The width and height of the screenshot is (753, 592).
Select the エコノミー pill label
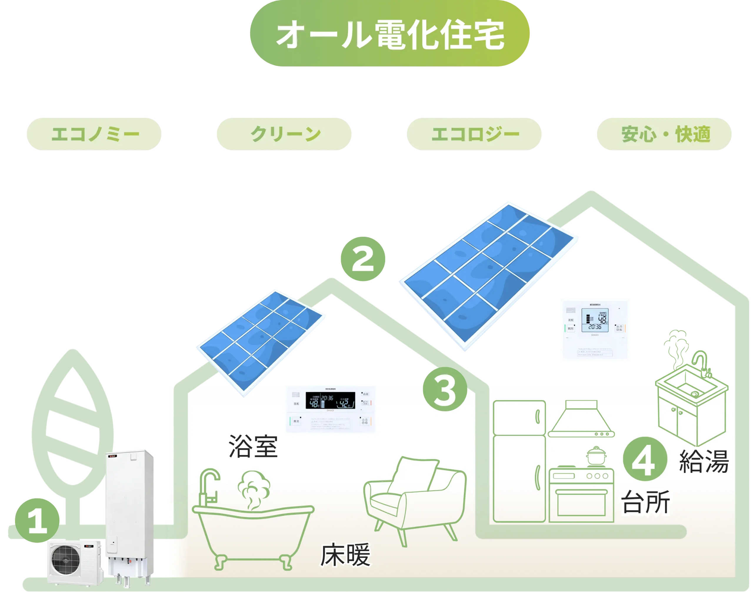coord(94,134)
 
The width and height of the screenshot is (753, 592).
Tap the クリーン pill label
coord(284,134)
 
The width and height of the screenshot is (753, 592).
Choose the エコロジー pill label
coord(474,134)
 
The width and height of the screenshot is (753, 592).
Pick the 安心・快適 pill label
coord(664,134)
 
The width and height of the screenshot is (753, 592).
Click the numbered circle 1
coord(37,520)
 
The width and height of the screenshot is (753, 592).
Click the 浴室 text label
coord(253,446)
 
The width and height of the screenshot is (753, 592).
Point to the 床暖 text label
coord(345,555)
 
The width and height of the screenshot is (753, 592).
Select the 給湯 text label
coord(704,461)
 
